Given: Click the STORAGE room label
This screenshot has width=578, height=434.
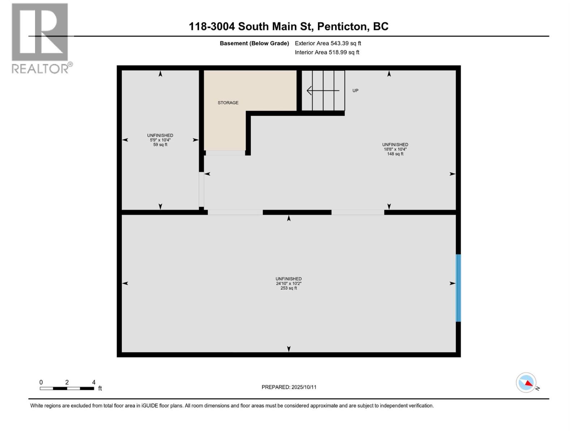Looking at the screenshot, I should tap(228, 103).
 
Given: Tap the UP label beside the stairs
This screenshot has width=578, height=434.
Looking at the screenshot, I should tap(355, 90).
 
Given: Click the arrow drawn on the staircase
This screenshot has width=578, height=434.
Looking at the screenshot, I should tap(323, 90).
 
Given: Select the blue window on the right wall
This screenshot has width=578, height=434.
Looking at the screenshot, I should tap(458, 288).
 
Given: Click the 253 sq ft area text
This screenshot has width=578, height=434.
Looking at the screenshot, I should tap(289, 288).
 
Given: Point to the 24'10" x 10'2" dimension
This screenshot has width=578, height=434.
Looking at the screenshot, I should tap(289, 284).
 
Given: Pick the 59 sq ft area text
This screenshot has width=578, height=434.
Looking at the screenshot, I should tap(160, 145).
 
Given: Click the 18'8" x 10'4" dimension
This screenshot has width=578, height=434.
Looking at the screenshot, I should tap(395, 149).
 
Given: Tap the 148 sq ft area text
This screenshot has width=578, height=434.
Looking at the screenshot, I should tap(395, 154).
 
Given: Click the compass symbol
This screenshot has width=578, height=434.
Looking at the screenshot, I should tap(526, 383).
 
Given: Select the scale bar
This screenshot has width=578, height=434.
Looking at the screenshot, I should tap(67, 388).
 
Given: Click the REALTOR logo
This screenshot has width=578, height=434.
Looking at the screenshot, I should tap(40, 38).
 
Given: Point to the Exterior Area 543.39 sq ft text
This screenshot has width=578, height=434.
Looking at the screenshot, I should tap(328, 43).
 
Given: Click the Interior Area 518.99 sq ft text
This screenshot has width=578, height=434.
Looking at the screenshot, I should tap(327, 52).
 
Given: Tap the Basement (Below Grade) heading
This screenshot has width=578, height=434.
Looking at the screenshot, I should tap(254, 43).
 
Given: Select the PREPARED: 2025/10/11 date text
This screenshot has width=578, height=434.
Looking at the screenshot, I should tap(289, 387).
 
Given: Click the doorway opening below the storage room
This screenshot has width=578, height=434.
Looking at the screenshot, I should tap(225, 153).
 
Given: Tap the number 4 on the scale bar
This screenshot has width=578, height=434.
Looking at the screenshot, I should tap(94, 382).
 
